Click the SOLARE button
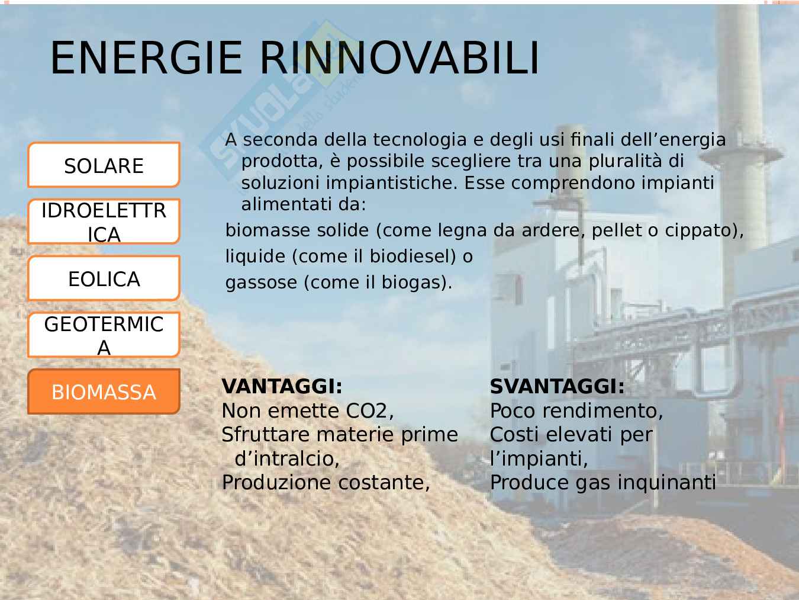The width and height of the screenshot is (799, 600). pos(104,165)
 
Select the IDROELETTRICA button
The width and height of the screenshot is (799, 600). pos(104,222)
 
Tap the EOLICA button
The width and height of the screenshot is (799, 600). pos(104,278)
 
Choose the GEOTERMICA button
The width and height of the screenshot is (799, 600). pos(104,335)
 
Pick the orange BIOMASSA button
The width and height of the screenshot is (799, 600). pos(104,392)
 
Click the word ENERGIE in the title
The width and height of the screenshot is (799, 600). pos(146,58)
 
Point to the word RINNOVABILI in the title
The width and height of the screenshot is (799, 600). pos(399,58)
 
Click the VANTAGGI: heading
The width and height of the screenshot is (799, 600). pos(282,387)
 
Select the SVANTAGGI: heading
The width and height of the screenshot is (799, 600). pos(557,387)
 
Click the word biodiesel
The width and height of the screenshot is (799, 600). pos(413,256)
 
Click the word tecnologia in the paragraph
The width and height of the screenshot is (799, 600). pos(420,140)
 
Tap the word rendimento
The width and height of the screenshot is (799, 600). pos(600,411)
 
